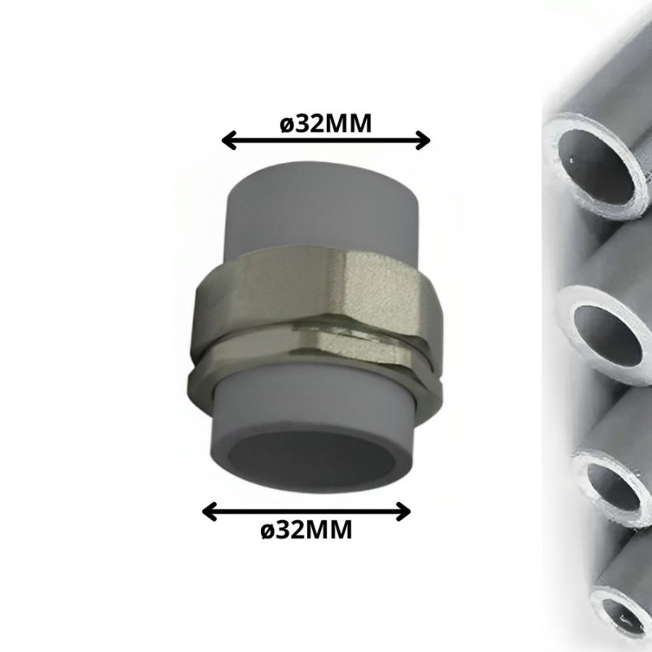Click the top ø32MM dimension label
tap(325, 124)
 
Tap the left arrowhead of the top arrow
tap(230, 140)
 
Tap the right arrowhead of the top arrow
tap(422, 140)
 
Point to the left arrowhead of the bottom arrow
tap(210, 512)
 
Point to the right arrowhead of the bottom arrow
tap(403, 512)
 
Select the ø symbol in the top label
tap(288, 126)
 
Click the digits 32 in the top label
tap(310, 124)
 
